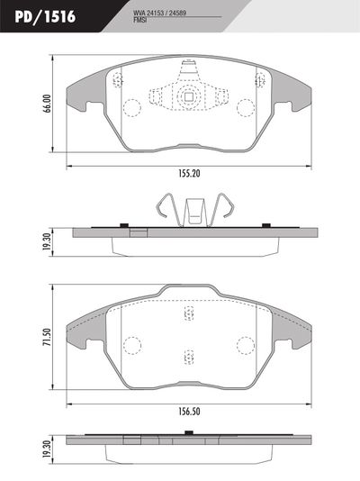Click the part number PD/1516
click(x=44, y=15)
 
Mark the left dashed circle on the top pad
click(x=131, y=109)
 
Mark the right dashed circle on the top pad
click(x=246, y=109)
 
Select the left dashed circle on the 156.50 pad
click(x=132, y=345)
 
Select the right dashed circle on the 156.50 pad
click(x=245, y=345)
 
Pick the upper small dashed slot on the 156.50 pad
click(x=189, y=313)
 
